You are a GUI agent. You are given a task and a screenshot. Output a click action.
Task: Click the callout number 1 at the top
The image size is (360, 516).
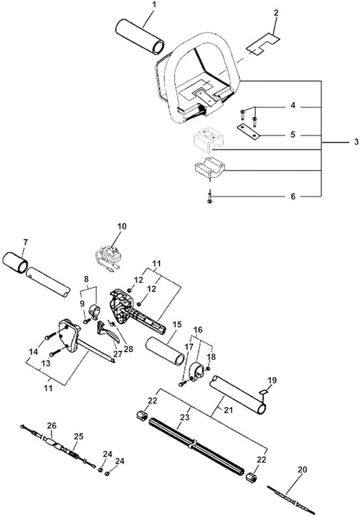[x=155, y=5]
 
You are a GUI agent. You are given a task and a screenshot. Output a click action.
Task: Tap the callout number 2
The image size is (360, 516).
[x=275, y=13]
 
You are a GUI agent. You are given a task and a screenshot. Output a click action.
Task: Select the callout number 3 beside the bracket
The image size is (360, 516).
[x=356, y=142]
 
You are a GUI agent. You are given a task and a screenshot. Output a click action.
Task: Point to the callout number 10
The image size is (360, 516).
[x=122, y=226]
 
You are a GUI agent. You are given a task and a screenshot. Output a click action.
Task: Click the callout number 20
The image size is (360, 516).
[x=302, y=470]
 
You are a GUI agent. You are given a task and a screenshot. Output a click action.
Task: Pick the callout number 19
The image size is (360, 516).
[x=272, y=381]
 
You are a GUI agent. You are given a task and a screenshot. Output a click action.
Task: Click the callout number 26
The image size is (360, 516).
[x=52, y=426]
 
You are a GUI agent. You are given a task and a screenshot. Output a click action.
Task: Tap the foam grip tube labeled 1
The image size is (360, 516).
[x=140, y=37]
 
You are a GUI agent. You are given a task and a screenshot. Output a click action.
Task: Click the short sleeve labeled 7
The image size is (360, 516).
[x=15, y=262]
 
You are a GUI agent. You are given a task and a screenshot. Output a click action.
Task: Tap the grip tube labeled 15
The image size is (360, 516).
[x=165, y=351]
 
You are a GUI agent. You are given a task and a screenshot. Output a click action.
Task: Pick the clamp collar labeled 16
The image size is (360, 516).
[x=199, y=372]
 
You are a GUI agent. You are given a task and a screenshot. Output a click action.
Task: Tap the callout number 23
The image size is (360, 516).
[x=185, y=417]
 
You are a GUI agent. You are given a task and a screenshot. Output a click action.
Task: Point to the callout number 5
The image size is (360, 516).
[x=293, y=135]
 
